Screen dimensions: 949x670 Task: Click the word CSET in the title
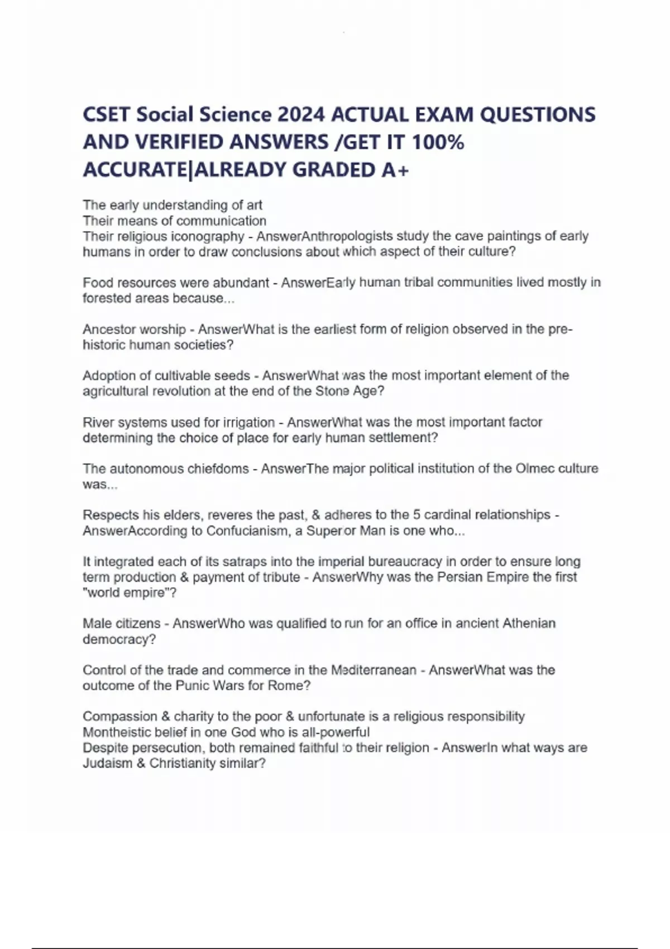[107, 115]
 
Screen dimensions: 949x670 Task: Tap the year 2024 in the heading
[300, 115]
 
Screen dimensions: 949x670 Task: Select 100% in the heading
[438, 142]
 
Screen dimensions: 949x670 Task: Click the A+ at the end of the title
[395, 170]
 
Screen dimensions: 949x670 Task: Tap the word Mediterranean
[374, 670]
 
